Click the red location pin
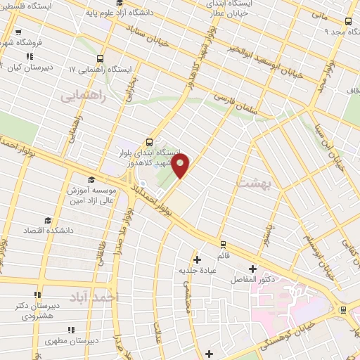click(181, 167)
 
